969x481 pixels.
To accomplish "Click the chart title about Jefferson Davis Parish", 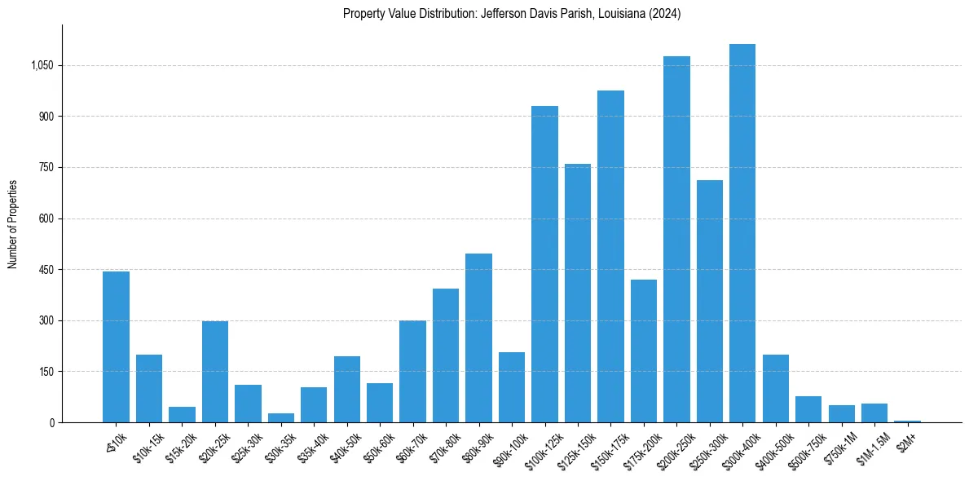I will [x=511, y=14].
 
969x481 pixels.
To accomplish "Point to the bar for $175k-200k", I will [x=644, y=351].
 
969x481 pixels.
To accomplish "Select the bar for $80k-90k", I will [x=478, y=338].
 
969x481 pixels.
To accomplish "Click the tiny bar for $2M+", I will [x=907, y=421].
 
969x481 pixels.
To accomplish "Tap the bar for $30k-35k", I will [x=281, y=418].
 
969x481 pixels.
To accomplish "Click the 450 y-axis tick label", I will [x=46, y=270].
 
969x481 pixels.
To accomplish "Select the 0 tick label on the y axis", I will [x=51, y=423].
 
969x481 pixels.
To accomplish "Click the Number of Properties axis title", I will [x=13, y=224].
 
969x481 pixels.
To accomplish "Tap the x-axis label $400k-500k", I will [x=777, y=448].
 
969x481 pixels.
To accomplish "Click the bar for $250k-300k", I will [x=710, y=302].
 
